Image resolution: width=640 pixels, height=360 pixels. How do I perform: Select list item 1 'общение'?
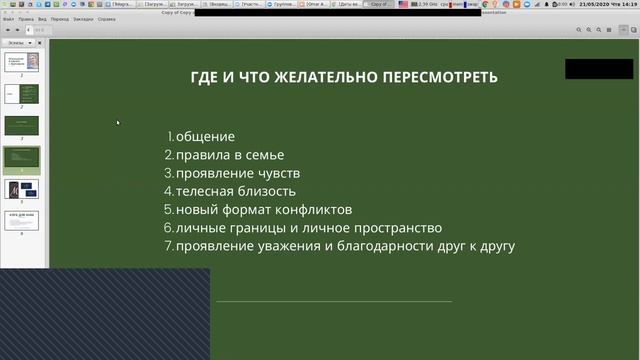coord(205,136)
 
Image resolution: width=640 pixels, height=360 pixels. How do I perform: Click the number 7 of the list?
coord(168,246)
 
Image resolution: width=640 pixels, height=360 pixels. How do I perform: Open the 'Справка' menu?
coord(106,19)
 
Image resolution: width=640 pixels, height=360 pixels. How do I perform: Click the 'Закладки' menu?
coord(83,19)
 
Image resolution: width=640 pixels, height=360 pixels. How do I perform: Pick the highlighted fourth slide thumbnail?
coord(22,159)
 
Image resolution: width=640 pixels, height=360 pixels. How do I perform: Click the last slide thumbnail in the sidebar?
coord(22,220)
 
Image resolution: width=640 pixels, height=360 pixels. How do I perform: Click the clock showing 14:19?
coord(628,5)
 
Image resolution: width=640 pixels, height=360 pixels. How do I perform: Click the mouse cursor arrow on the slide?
coord(117,122)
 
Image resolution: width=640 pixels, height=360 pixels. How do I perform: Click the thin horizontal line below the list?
coord(333,300)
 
